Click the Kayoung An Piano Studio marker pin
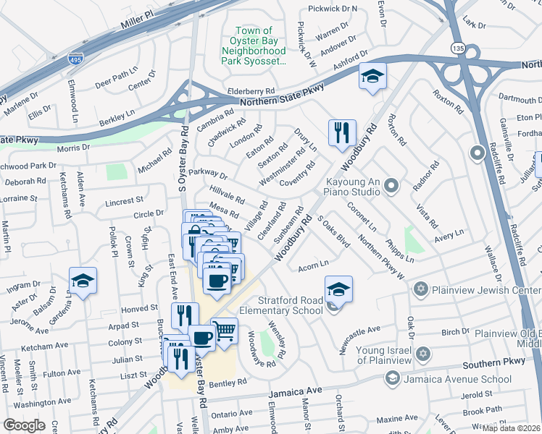(391, 186)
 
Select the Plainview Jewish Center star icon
(419, 290)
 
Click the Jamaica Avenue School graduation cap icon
(392, 378)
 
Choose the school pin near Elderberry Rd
(372, 77)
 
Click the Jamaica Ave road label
(295, 392)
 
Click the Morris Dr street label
(73, 148)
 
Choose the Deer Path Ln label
(116, 74)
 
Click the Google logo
(24, 425)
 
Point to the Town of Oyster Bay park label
(254, 46)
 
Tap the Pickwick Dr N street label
(333, 9)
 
